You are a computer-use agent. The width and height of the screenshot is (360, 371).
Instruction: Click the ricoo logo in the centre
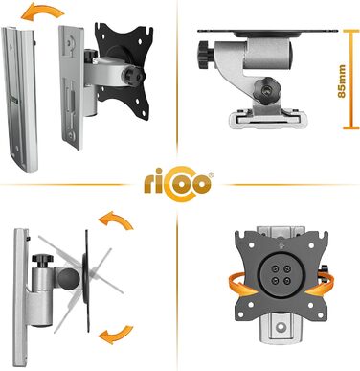177,184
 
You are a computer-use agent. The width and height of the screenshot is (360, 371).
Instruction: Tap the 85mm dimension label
342,81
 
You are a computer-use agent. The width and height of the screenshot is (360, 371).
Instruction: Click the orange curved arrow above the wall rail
42,12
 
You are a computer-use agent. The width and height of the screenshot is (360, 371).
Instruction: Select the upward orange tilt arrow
117,220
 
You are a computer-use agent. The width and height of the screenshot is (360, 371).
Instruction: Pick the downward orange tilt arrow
116,334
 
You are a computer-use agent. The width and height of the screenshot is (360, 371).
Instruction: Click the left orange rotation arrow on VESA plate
242,284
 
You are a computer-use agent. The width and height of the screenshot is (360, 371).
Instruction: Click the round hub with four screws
281,274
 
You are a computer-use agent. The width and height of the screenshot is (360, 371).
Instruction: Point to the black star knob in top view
264,89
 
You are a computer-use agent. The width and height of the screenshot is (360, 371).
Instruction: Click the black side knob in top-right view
207,55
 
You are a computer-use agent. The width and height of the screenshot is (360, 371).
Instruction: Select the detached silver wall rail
20,99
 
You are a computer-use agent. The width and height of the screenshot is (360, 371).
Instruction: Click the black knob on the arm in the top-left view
134,75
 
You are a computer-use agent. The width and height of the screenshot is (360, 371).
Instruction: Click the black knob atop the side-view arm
42,260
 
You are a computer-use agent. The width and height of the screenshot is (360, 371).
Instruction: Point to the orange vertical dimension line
351,79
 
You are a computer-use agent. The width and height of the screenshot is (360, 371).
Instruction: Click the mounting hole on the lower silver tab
281,327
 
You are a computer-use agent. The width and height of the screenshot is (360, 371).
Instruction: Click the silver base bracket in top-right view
264,118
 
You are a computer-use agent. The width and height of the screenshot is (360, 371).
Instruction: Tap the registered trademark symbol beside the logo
211,175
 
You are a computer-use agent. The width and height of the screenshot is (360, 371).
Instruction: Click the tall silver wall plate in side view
20,297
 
